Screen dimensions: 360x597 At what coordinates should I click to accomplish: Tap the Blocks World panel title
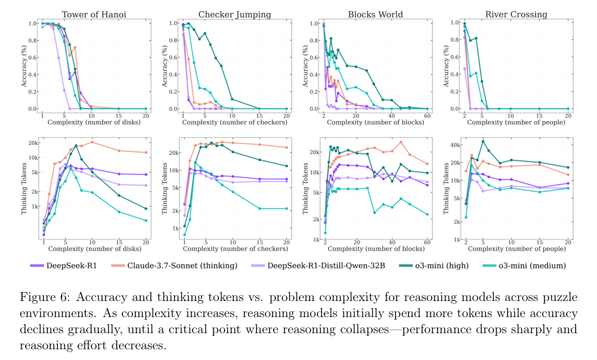coord(375,14)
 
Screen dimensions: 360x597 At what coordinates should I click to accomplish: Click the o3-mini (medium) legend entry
coord(525,265)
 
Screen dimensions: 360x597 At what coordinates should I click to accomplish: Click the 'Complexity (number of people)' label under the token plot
coord(516,249)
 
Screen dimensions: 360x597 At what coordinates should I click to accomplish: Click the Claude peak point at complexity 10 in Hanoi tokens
coord(92,142)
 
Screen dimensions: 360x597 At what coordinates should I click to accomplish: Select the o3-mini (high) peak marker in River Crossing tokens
coord(483,141)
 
